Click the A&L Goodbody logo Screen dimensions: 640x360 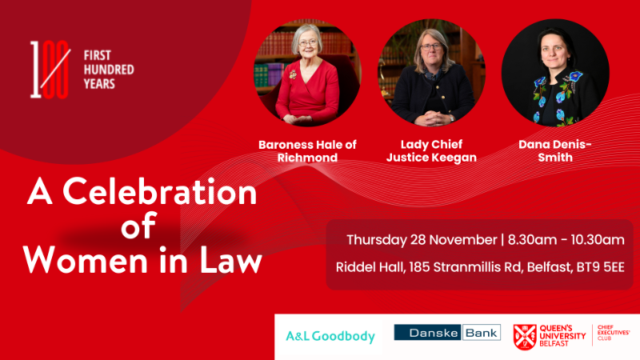330,336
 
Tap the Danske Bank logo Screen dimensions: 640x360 447,332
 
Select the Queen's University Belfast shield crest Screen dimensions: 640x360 525,337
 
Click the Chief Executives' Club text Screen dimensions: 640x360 614,333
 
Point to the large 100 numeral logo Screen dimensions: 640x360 50,70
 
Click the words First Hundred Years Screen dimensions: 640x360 109,70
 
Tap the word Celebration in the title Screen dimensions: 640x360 159,192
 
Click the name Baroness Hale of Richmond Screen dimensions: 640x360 307,151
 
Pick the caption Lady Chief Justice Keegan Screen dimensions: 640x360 431,151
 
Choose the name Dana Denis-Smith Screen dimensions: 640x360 555,151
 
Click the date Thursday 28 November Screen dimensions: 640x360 422,239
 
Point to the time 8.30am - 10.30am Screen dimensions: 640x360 566,239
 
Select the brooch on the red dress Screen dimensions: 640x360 293,74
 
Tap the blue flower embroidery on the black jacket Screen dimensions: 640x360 576,76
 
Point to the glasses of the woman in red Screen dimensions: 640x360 308,42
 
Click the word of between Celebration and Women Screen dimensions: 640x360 138,226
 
